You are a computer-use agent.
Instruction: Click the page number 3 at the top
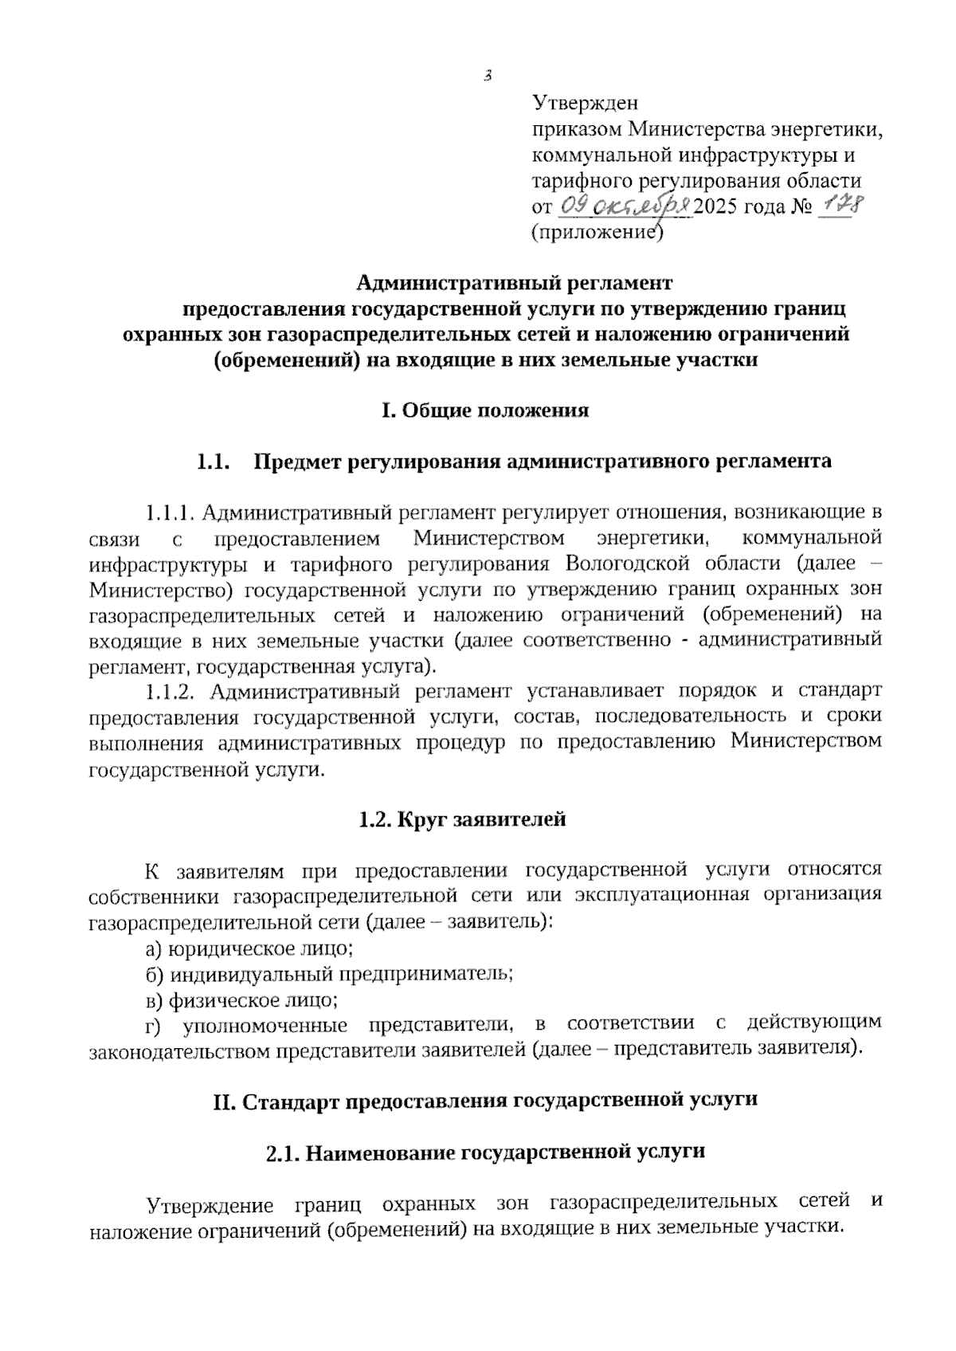coord(488,77)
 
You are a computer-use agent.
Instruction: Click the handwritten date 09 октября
coord(625,206)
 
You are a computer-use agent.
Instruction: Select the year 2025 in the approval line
coord(715,208)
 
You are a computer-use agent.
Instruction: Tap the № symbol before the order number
coord(800,208)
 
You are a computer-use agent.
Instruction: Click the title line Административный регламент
coord(514,283)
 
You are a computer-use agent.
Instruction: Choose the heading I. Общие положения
coord(484,410)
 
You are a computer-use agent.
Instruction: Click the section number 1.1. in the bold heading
coord(214,461)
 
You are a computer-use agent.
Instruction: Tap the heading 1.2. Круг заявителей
coord(462,819)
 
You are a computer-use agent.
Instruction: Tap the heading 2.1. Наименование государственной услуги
coord(485,1153)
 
